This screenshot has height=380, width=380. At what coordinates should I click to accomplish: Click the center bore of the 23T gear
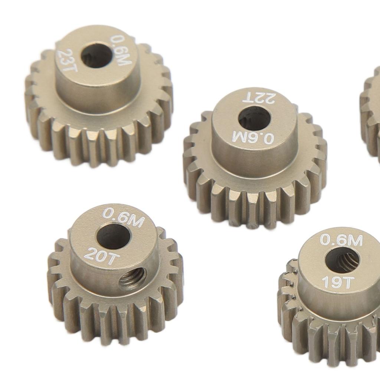click(96, 56)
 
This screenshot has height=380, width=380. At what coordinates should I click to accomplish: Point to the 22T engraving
click(258, 98)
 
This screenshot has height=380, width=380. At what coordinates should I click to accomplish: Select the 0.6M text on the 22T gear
click(253, 138)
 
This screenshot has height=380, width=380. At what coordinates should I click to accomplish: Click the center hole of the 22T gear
click(254, 118)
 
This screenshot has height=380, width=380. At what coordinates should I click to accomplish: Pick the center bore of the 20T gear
click(113, 236)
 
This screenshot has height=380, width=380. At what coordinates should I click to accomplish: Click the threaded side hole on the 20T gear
click(132, 279)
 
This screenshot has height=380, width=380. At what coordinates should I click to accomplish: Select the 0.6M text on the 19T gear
click(341, 240)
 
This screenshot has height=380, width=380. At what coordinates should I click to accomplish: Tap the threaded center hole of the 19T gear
click(342, 260)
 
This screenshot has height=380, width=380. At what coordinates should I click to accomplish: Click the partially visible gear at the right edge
click(371, 111)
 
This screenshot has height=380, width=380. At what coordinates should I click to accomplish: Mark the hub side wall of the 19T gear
click(334, 308)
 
